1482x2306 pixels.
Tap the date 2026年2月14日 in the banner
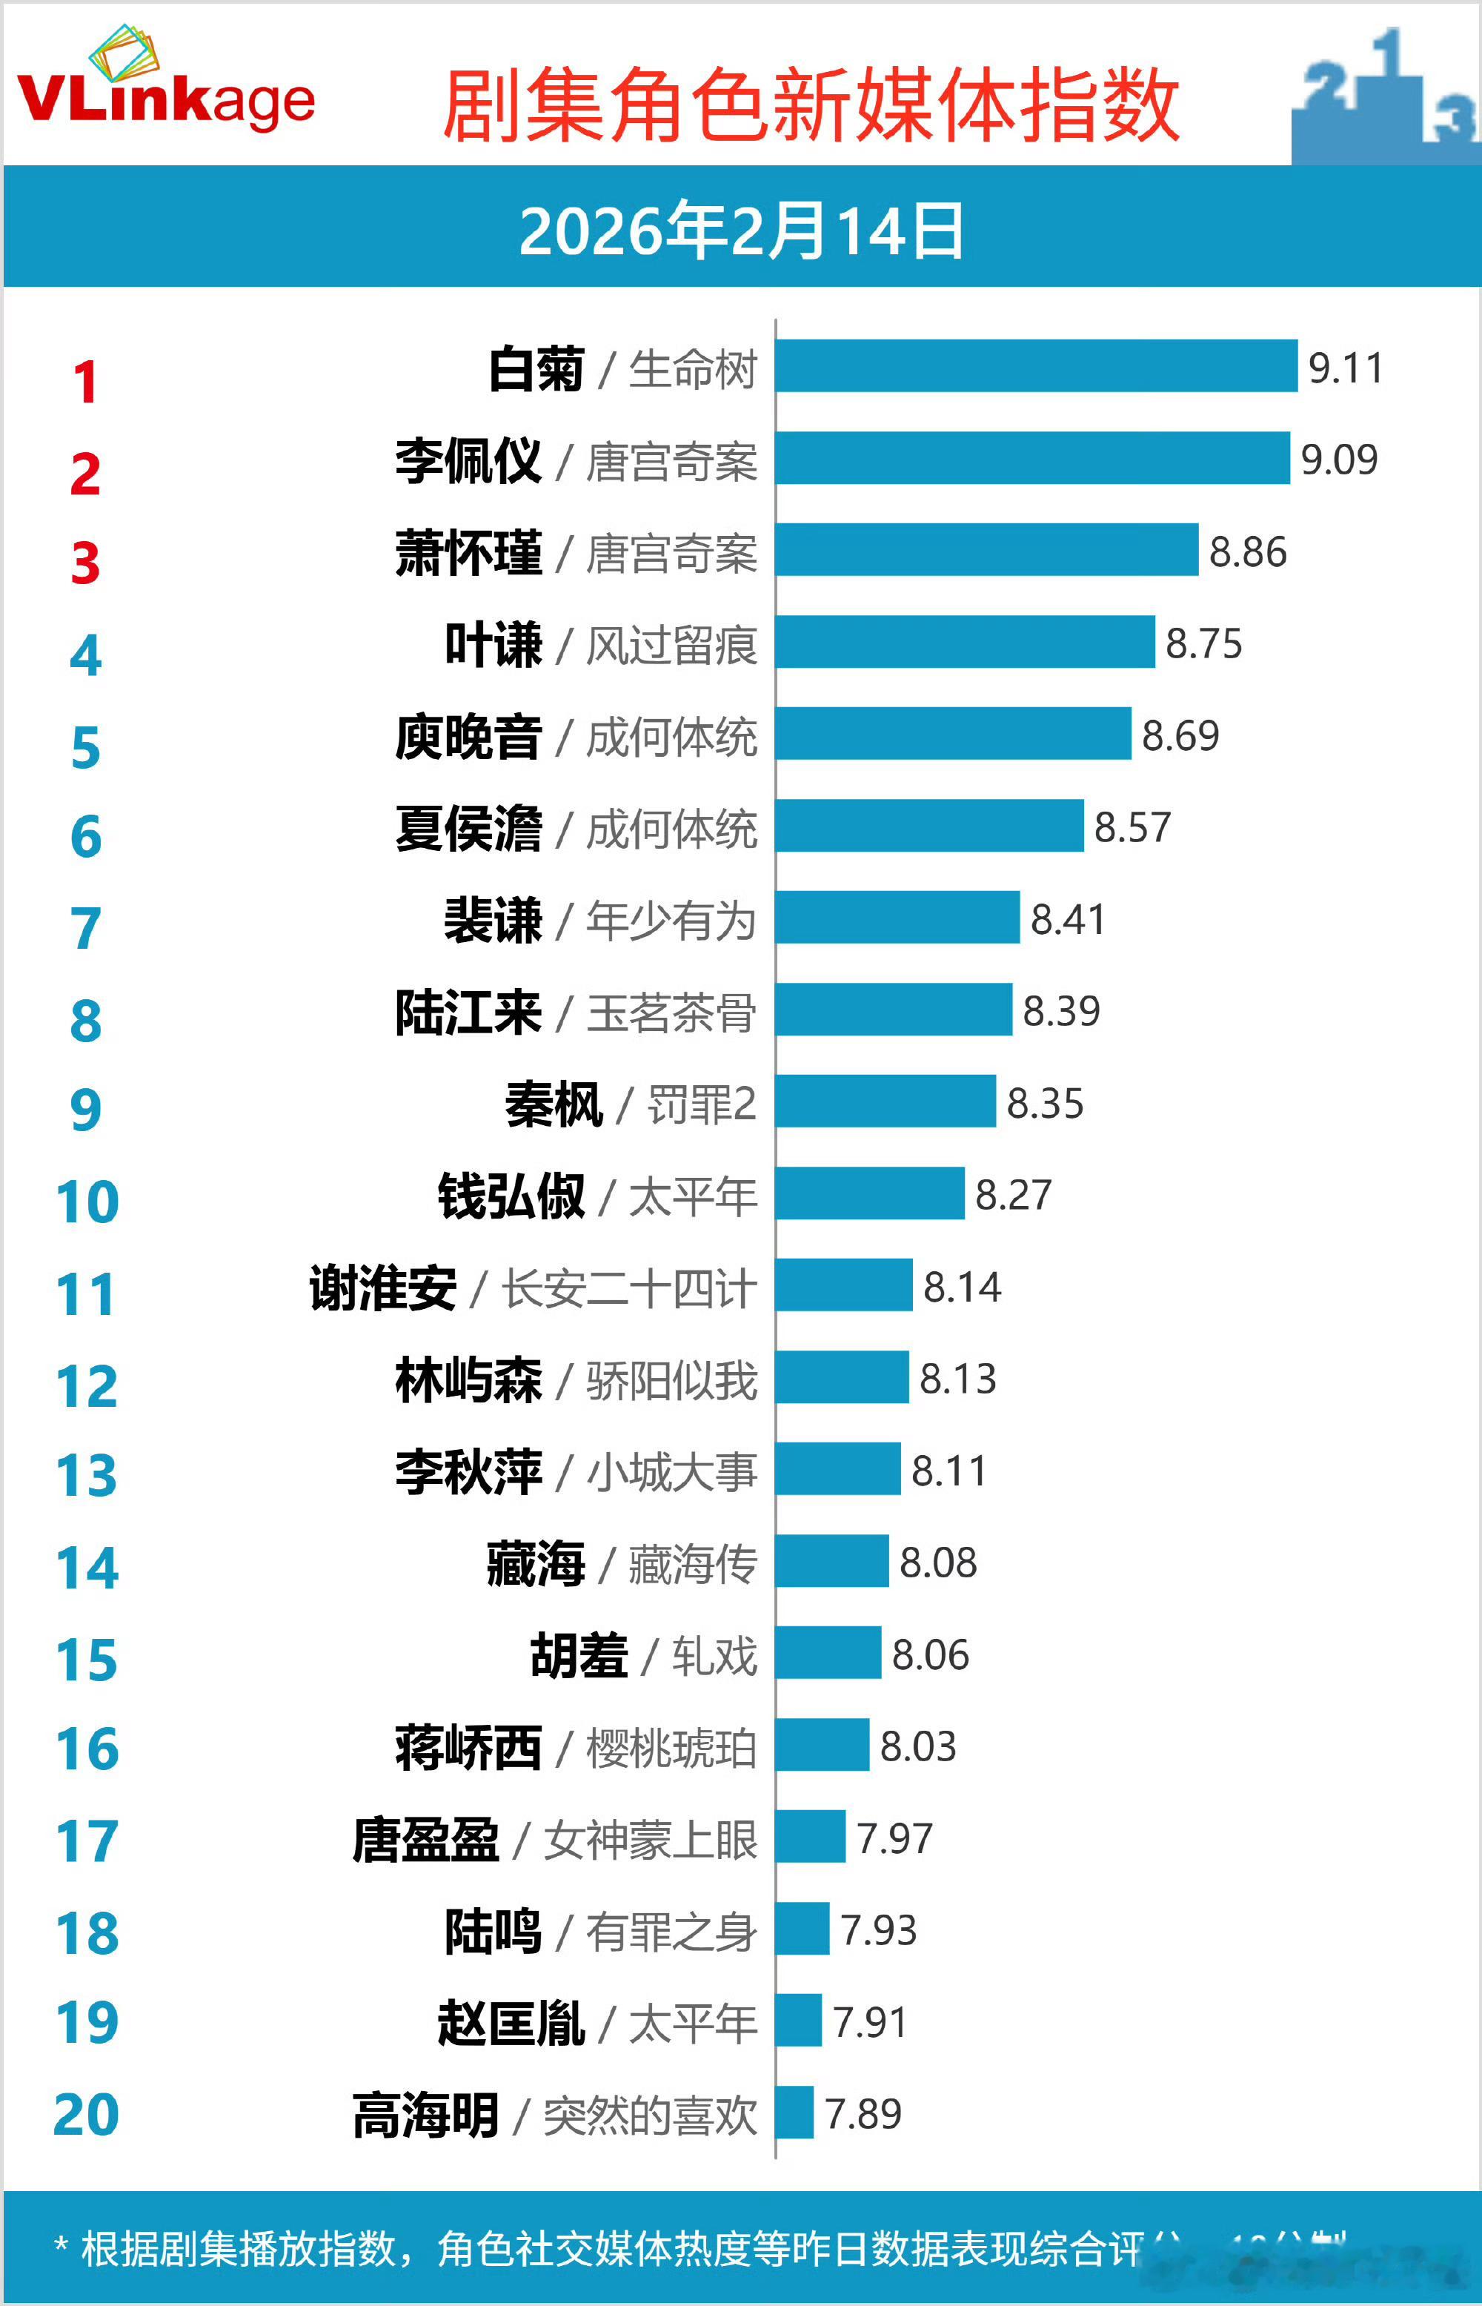tap(741, 231)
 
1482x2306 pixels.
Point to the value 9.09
tap(1338, 459)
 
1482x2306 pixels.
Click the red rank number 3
tap(86, 564)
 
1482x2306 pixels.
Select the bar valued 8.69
tap(953, 733)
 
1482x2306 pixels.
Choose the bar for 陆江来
tap(893, 1010)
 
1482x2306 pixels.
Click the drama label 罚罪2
tap(702, 1104)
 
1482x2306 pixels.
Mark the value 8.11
tap(949, 1471)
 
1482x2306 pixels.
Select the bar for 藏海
tap(831, 1561)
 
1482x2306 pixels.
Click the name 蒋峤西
tap(468, 1748)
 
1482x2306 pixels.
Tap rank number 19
tap(87, 2022)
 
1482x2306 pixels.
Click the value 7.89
tap(863, 2113)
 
